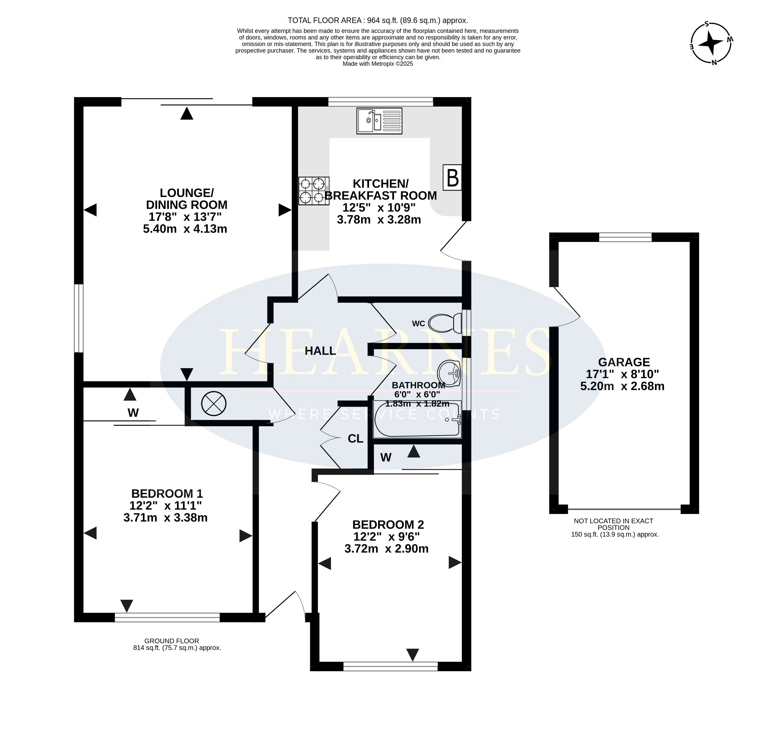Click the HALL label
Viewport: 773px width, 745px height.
coord(320,351)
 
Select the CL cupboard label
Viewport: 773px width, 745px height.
coord(355,439)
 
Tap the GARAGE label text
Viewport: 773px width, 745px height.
coord(624,362)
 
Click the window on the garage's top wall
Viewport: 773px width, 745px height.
coord(626,237)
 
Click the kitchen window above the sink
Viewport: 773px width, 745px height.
coord(381,102)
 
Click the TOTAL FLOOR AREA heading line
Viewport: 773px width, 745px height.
coord(378,20)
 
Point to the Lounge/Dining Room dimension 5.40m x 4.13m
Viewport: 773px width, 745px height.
coord(185,229)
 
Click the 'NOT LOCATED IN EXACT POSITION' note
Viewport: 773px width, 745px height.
coord(614,524)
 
